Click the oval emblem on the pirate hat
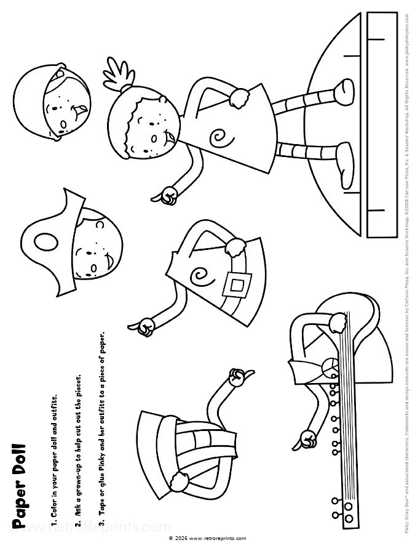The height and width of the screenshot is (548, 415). (x=44, y=241)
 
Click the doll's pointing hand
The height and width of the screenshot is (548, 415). (x=167, y=195)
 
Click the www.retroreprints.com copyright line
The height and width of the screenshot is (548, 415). (x=207, y=538)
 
